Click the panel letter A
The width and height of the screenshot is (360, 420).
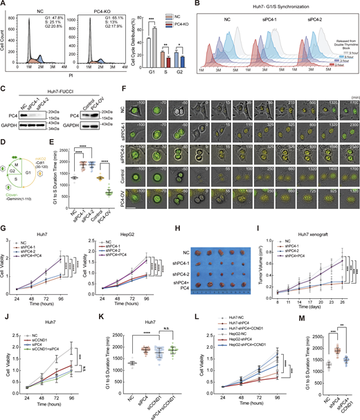point(4,4)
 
